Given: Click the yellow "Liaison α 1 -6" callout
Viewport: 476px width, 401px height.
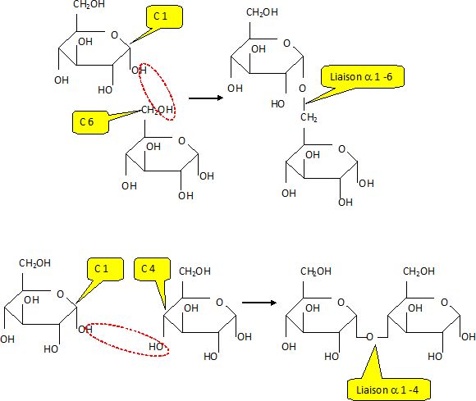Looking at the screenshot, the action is point(362,77).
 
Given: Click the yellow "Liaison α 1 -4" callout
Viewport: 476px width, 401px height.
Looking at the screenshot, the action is point(388,390).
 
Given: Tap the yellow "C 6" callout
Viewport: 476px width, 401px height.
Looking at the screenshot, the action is point(90,122).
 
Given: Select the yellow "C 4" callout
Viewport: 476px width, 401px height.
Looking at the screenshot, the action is point(152,269).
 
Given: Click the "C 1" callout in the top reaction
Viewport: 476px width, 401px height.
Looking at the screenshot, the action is point(164,17).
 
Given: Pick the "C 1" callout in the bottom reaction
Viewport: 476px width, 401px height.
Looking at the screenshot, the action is point(105,269).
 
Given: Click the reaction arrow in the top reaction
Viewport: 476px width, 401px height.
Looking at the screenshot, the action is point(206,98).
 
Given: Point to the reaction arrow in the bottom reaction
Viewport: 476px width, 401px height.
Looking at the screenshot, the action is point(259,303).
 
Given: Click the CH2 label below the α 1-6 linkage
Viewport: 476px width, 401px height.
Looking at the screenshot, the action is point(309,117).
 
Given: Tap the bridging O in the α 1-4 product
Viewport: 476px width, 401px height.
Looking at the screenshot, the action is point(369,337).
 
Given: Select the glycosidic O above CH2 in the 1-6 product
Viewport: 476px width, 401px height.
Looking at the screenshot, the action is point(302,89).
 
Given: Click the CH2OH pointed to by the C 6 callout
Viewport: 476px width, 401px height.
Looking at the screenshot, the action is point(158,110).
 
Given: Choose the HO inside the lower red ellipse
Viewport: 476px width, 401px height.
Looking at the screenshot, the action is point(156,346).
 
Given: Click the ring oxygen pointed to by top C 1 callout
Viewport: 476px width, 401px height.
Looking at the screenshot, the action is point(114,35).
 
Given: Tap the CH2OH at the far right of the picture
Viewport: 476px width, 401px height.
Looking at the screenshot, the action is point(419,271).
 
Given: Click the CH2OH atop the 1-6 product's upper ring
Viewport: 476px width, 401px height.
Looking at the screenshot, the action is point(262,12).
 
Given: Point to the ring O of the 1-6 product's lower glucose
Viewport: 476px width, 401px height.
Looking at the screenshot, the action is point(342,149).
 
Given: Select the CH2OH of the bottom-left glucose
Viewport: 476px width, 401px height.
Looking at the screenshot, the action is point(34,263).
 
